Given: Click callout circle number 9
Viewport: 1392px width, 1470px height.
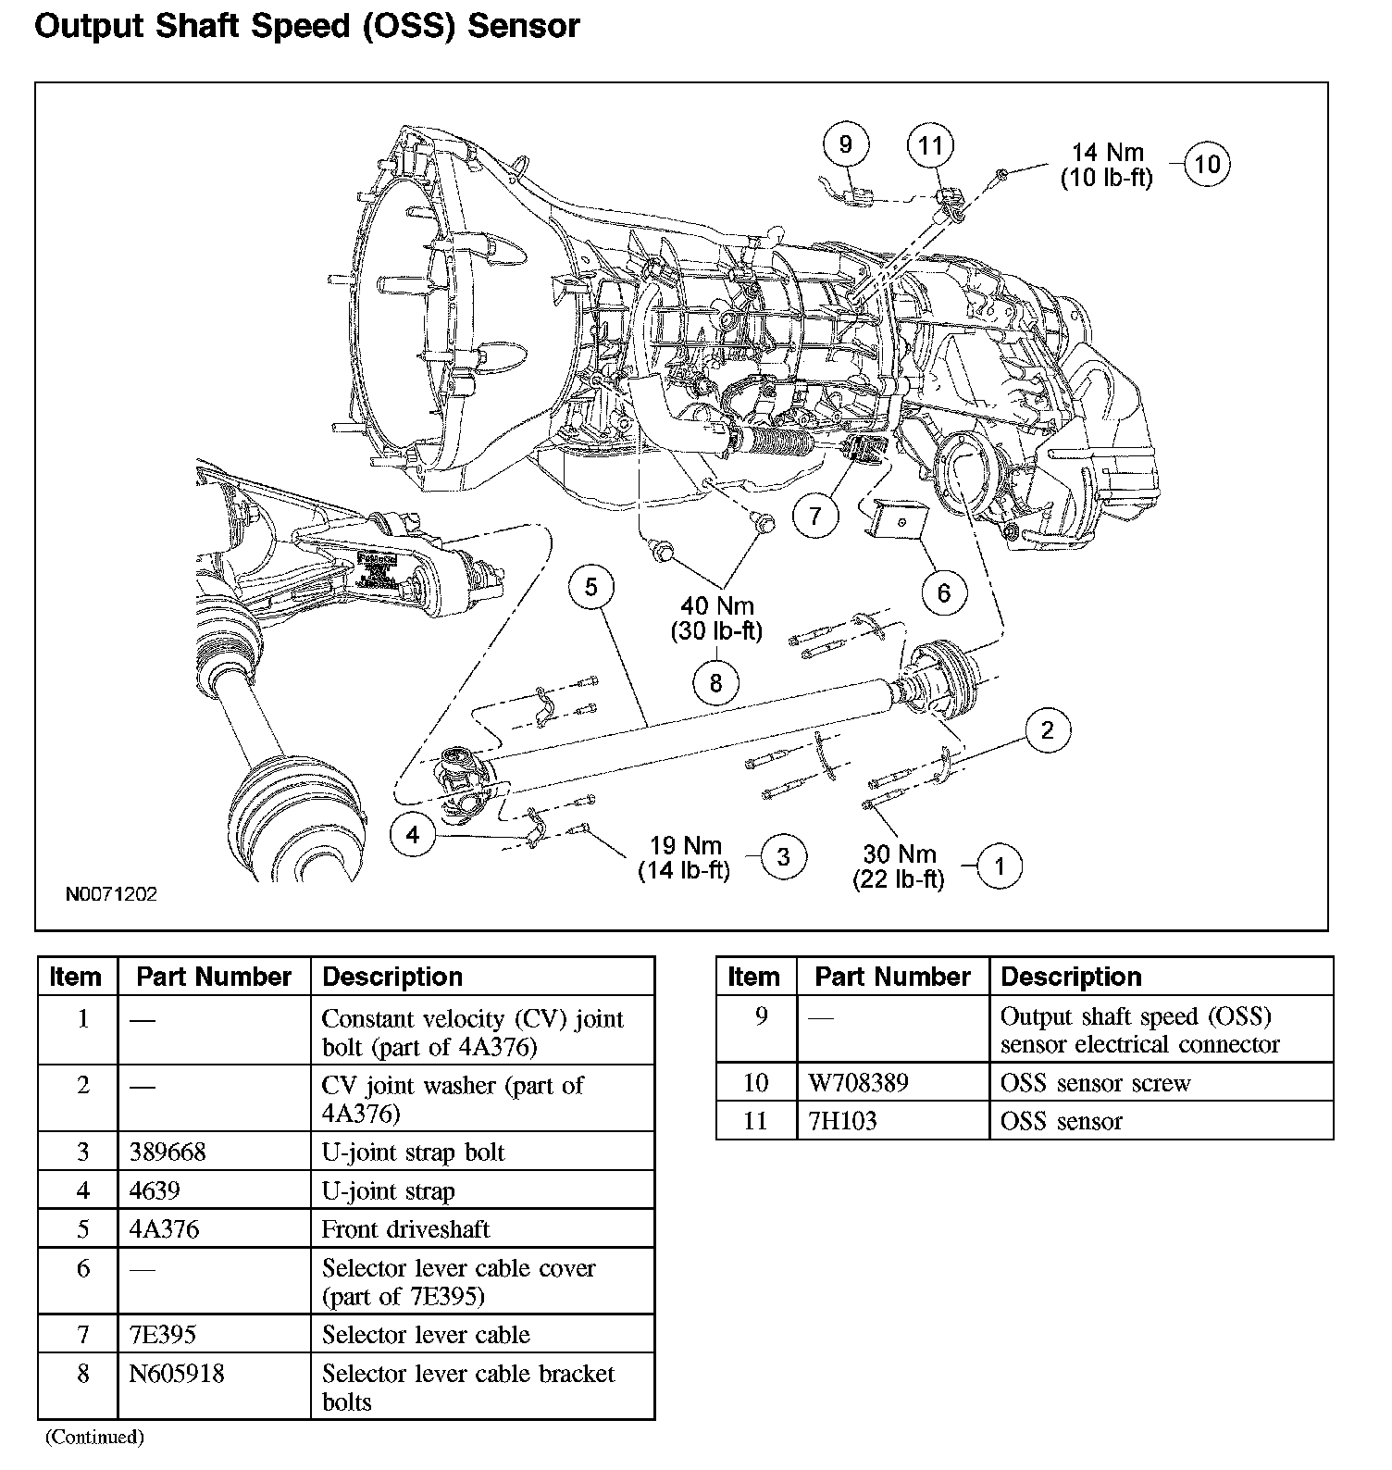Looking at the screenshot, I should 845,145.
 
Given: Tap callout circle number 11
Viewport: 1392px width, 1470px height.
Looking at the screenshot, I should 930,145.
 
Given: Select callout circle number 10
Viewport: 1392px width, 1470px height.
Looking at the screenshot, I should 1208,165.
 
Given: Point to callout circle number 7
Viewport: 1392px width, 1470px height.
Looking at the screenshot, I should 814,515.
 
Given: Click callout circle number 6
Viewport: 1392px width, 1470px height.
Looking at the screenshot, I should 943,592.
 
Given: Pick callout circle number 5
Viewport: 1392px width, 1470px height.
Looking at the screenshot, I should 591,586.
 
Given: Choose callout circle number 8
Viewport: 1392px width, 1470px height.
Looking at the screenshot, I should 715,683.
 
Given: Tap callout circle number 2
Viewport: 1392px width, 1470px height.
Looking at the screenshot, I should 1047,729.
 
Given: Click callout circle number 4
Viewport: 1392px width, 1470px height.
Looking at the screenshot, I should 413,835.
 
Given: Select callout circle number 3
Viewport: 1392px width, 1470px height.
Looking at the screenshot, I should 783,856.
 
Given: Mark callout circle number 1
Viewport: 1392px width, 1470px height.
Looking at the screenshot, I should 999,866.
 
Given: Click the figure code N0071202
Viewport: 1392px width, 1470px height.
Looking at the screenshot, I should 111,895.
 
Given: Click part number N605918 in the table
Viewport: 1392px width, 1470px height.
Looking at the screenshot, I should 177,1374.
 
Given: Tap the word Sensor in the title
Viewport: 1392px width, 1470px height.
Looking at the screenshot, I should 524,26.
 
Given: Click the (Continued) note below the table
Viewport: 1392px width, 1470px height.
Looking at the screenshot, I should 95,1437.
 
